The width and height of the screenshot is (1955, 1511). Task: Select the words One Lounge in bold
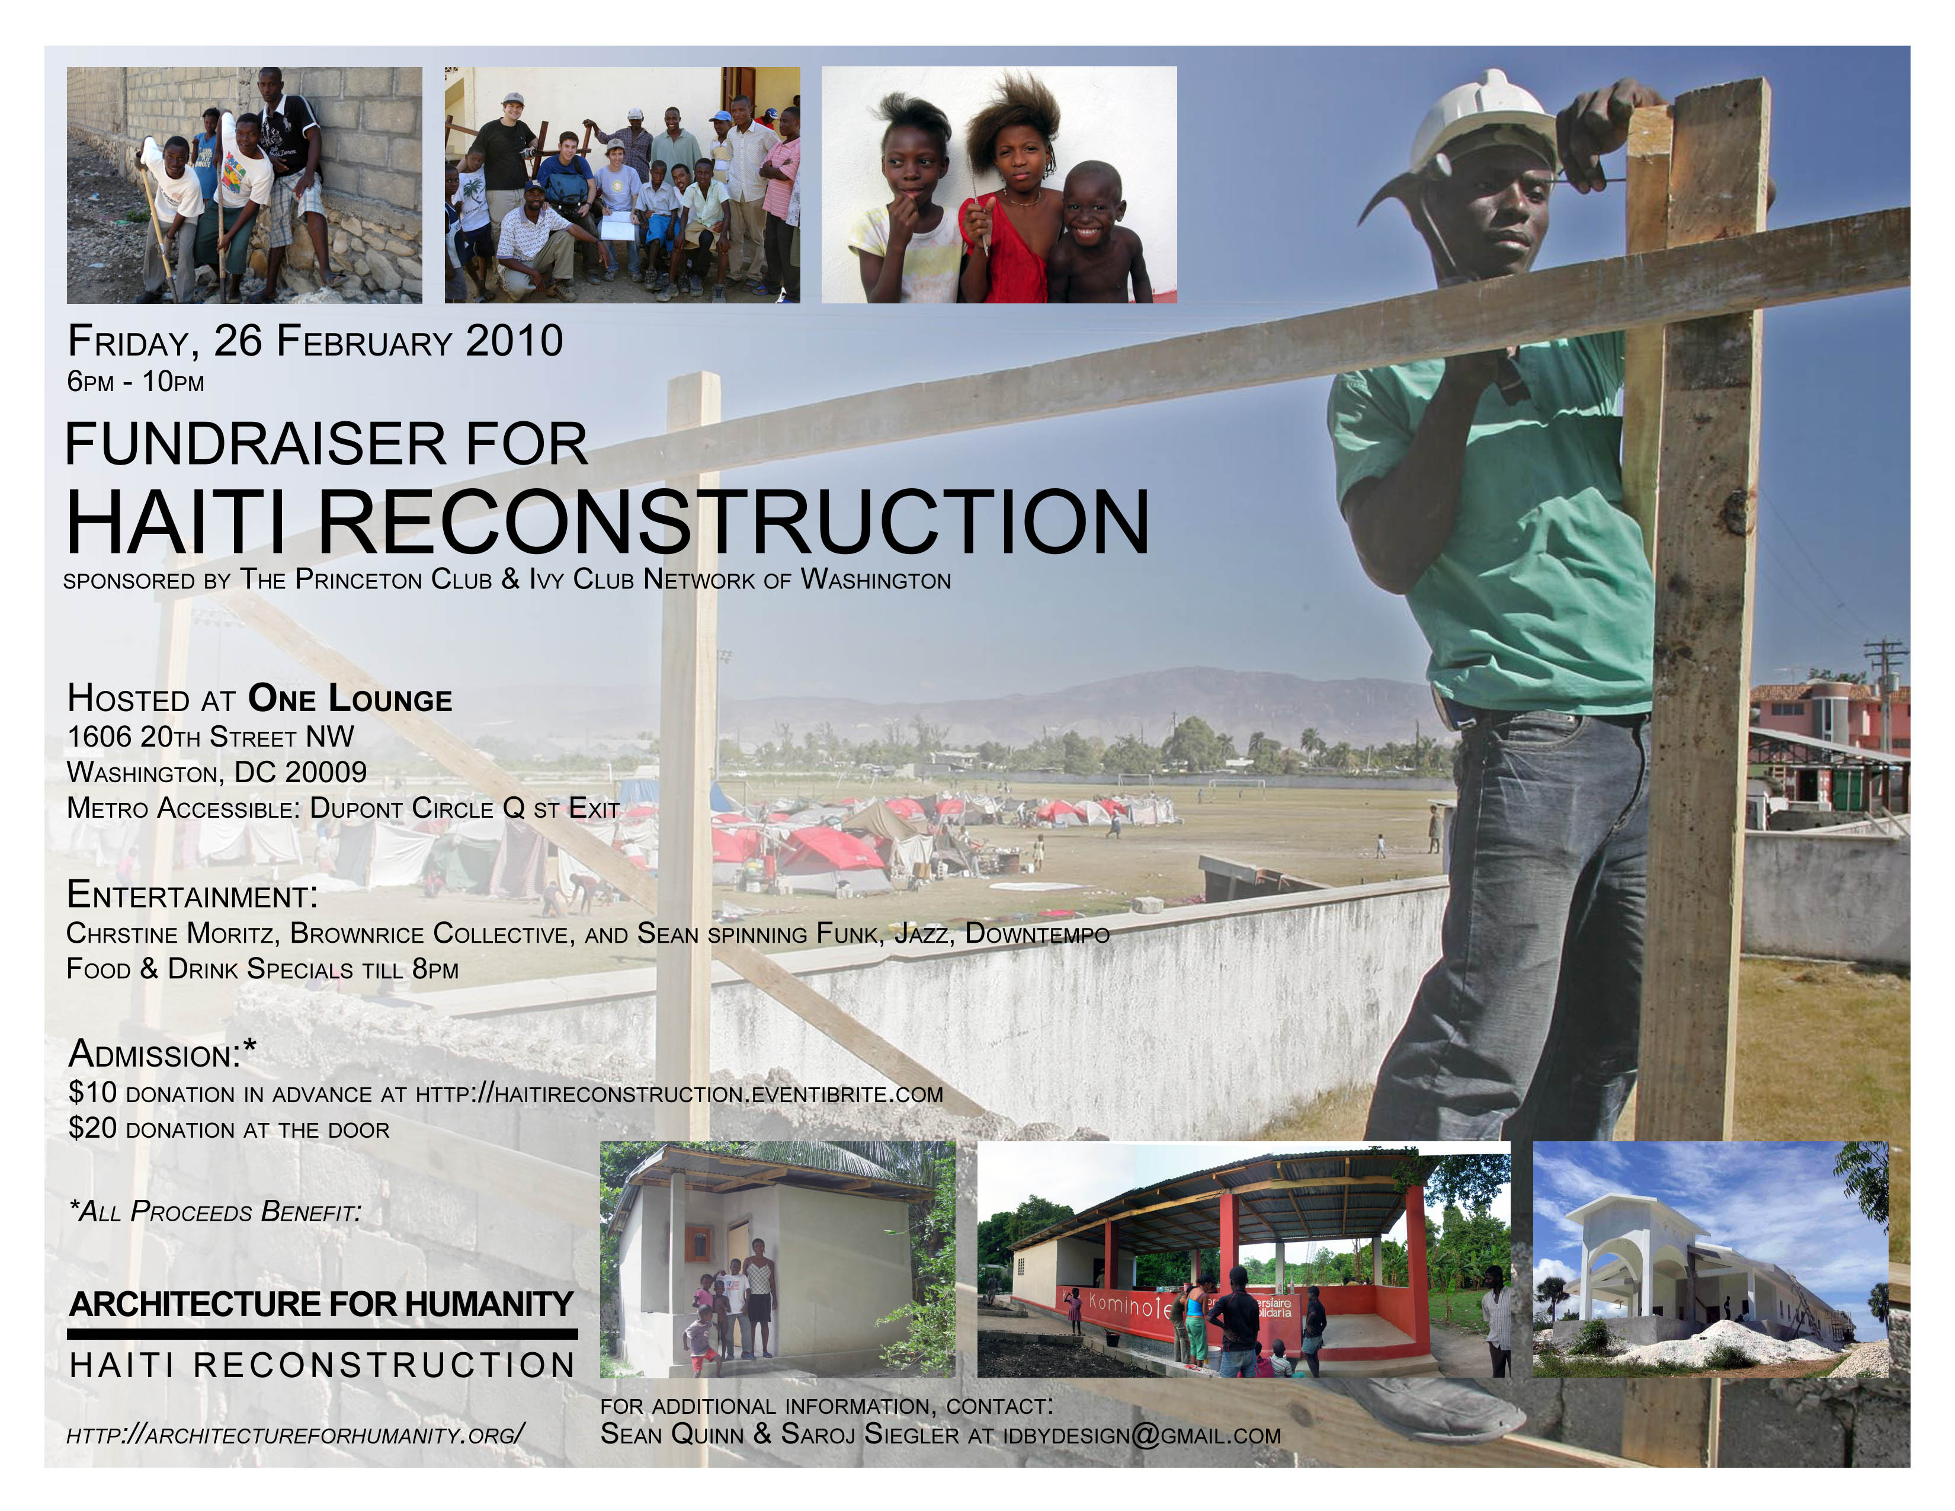point(350,698)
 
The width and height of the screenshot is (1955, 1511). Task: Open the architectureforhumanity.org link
point(296,1435)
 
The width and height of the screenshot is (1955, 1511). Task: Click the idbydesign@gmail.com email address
point(1142,1435)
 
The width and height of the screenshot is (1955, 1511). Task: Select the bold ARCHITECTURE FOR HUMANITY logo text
point(321,1304)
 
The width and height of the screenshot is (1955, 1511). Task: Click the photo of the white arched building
point(1711,1259)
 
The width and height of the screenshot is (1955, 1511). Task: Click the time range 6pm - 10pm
point(136,382)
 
